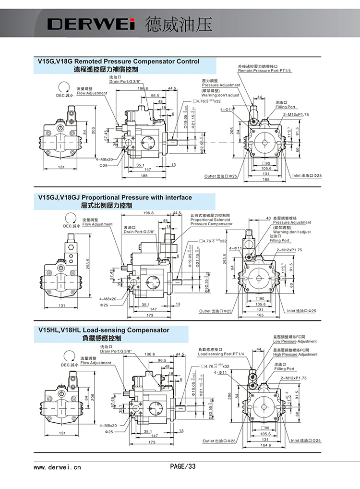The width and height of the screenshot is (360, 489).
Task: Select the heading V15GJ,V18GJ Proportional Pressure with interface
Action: pos(115,197)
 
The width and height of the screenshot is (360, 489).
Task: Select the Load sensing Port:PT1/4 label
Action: pos(221,354)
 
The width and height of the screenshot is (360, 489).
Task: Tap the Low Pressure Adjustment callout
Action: pos(295,342)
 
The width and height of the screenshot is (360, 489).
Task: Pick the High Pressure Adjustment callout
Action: pos(295,355)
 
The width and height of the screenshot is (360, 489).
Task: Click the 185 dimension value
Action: pos(144,176)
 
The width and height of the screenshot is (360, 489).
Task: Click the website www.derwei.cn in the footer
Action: pos(57,466)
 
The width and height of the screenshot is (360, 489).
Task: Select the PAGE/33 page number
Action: pos(183,466)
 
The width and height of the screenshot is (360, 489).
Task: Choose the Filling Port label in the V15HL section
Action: pos(285,369)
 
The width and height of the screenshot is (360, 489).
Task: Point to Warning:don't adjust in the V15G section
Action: pos(220,95)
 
